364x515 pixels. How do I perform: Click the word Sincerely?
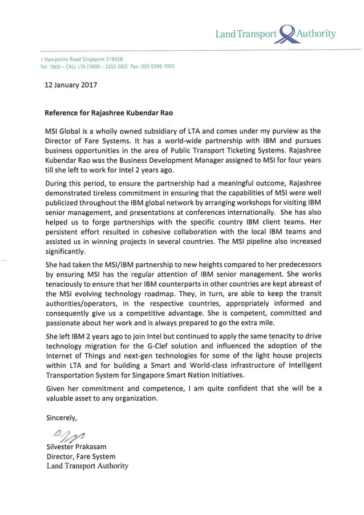62,417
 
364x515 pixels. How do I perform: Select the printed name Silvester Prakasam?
80,447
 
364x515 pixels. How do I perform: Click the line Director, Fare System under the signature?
80,456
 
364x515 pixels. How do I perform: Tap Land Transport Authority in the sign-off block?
87,466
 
